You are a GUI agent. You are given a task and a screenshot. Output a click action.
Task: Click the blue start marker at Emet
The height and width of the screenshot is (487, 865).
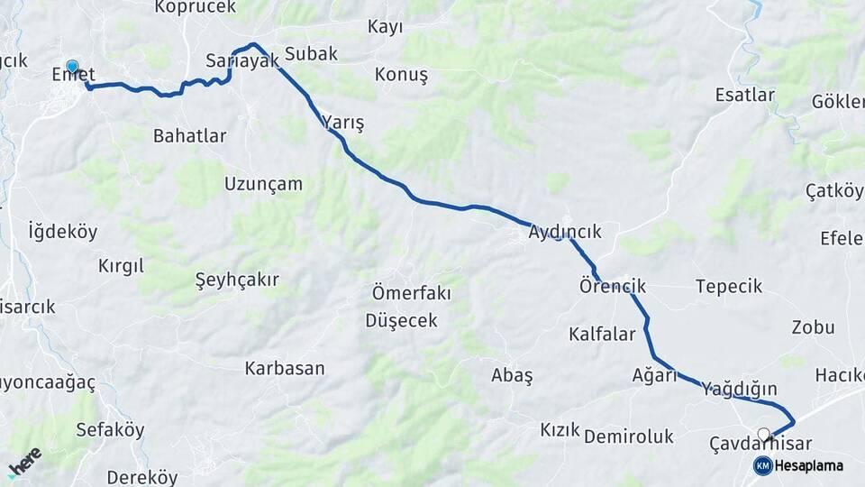pos(72,67)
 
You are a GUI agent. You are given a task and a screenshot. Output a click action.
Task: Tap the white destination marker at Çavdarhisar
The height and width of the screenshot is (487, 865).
pos(764,434)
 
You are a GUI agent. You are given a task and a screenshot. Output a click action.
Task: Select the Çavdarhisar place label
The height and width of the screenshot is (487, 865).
pos(760,444)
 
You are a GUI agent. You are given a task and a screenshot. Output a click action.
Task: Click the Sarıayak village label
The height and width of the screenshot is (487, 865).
pos(242,61)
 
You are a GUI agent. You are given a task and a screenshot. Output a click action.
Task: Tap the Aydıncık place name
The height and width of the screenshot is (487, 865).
pos(565,233)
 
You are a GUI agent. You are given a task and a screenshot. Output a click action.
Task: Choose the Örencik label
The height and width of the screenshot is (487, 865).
pos(613,287)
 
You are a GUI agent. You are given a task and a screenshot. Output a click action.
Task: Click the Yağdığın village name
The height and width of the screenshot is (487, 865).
pos(739,390)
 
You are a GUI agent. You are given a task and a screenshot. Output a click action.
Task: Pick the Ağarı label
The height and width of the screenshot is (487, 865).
pos(654,375)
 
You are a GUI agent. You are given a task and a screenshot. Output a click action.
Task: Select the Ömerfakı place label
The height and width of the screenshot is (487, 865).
pos(411,294)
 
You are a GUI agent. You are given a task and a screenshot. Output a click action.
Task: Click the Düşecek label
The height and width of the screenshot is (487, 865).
pos(401,321)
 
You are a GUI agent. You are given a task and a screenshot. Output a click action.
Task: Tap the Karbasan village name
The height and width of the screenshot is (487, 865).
pos(285,369)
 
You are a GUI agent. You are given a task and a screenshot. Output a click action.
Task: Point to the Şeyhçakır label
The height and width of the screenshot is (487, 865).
pos(237,280)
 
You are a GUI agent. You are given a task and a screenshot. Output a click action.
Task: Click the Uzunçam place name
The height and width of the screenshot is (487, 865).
pos(263,184)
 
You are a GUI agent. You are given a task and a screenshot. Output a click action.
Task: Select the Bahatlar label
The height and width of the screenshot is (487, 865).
pos(189,136)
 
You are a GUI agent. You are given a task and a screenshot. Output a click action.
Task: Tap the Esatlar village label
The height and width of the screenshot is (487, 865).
pos(744,95)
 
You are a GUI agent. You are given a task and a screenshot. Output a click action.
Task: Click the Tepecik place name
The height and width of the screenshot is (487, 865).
pos(728,287)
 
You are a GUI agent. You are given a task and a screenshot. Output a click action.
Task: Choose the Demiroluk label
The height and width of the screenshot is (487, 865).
pos(629,437)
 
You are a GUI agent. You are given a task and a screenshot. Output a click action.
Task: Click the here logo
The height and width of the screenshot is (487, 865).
pos(24,462)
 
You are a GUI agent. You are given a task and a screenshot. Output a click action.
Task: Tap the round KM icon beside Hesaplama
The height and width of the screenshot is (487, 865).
pos(762,465)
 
